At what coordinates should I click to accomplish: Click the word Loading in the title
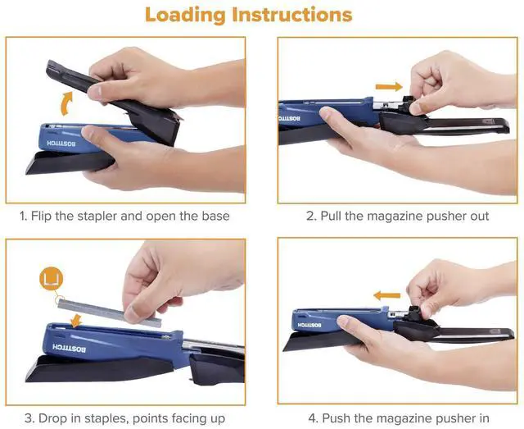186,16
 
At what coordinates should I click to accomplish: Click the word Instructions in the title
292,15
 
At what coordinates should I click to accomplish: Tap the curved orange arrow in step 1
67,104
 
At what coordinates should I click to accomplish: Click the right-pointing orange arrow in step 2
389,87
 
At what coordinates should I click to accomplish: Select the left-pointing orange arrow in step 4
386,295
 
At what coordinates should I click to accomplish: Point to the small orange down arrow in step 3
77,320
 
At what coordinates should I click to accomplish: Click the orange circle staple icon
51,278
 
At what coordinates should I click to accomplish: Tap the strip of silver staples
110,313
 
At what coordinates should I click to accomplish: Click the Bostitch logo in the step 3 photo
69,348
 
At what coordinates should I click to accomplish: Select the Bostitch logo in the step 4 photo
309,325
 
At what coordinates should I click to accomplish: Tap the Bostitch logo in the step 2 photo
290,119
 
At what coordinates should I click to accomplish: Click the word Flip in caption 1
42,216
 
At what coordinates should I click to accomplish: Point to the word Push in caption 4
337,418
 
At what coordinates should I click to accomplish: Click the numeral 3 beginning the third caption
29,418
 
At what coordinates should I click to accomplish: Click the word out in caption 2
480,217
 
